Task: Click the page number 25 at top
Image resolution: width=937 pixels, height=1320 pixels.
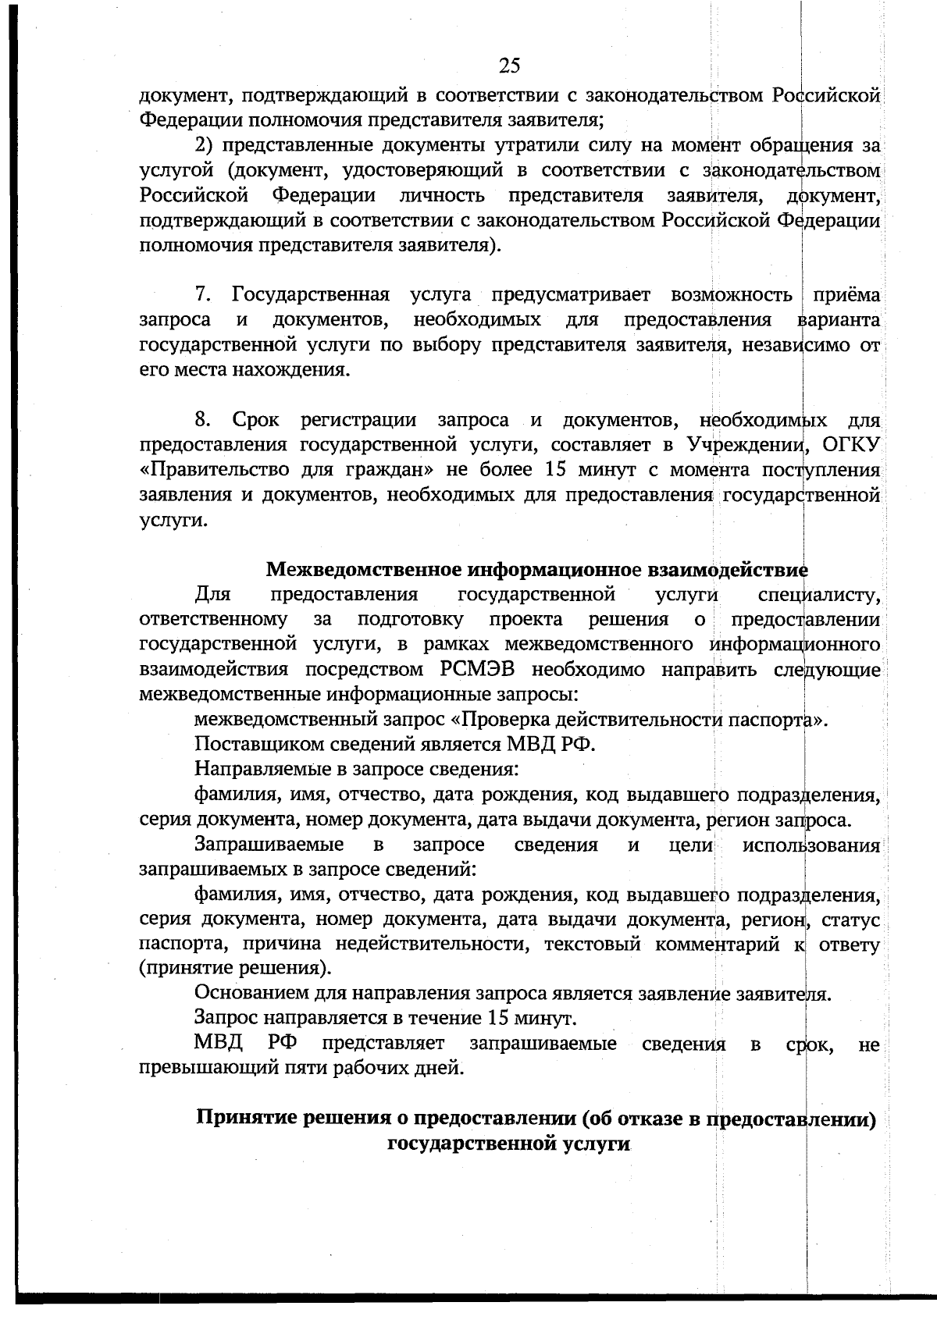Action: point(509,66)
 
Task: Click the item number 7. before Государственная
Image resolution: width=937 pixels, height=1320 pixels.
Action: point(203,296)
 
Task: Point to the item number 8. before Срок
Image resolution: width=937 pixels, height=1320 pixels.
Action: point(203,421)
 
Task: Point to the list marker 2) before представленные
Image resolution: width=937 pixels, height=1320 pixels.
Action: point(204,146)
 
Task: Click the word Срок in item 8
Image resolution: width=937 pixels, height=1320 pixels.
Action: point(255,421)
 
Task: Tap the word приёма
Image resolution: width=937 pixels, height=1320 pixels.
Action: point(846,296)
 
